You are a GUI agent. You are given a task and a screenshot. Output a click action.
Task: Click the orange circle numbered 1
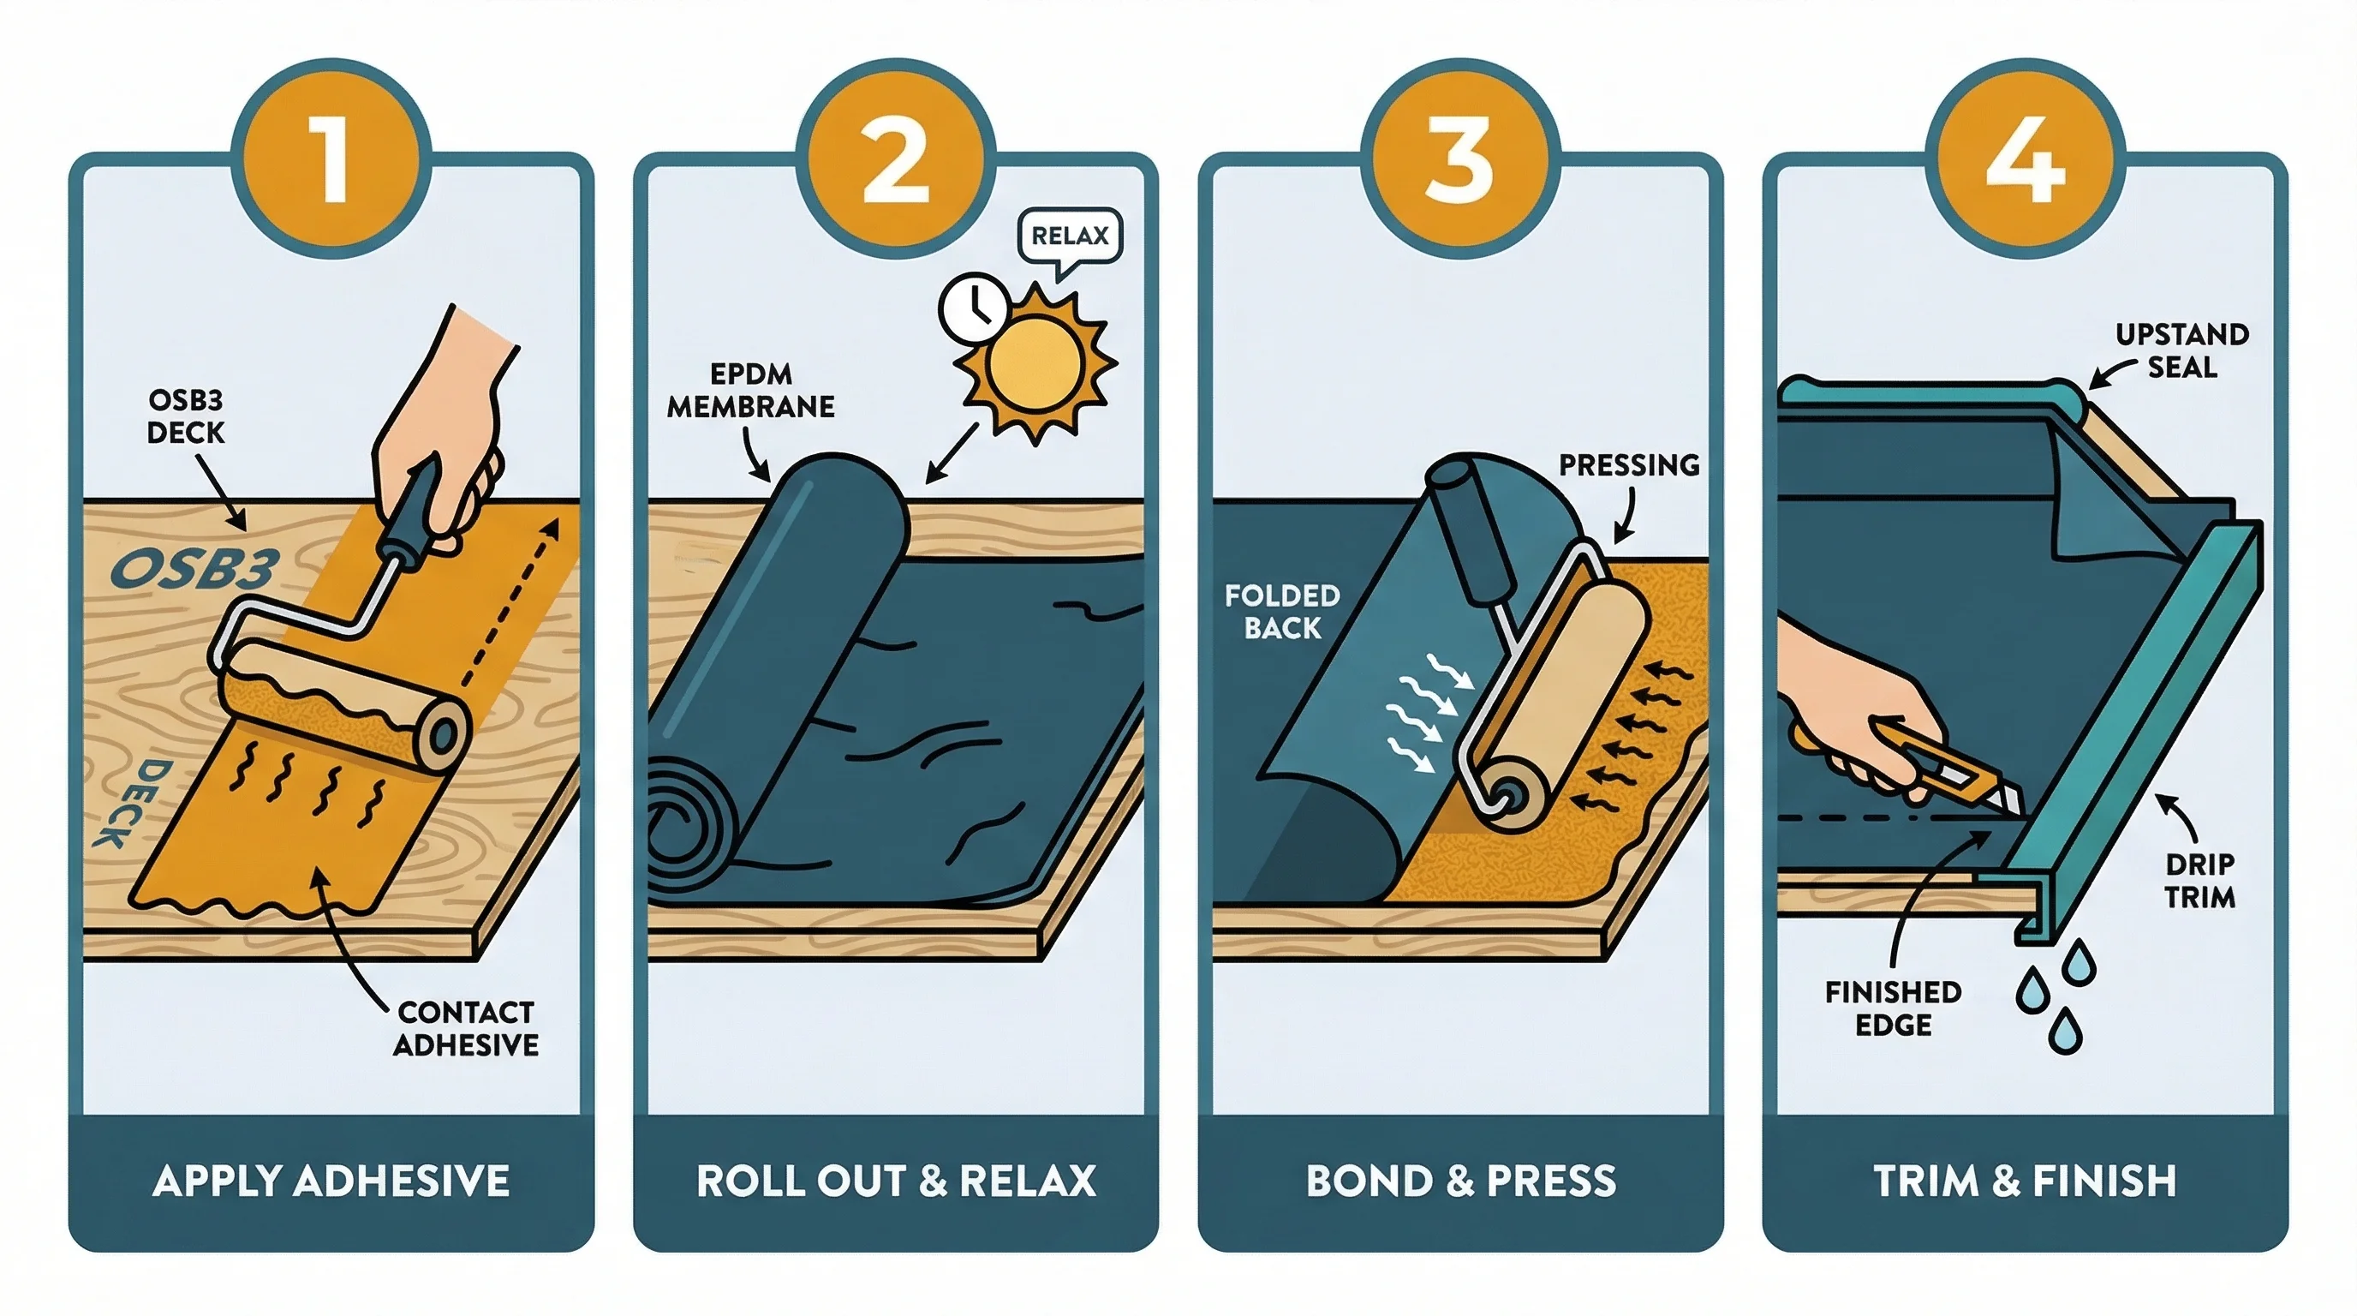coord(331,159)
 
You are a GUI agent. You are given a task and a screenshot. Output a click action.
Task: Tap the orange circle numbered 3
coord(1460,159)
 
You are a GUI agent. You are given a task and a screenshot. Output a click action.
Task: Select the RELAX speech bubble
coord(1070,236)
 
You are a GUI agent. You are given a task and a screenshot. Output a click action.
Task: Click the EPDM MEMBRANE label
coord(750,391)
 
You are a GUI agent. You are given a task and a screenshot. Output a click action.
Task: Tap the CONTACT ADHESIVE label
coord(466,1029)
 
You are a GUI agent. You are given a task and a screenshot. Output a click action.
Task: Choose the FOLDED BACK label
coord(1282,613)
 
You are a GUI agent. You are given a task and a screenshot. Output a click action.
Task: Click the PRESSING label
coord(1629,465)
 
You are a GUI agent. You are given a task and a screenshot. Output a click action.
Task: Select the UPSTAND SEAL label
coord(2182,350)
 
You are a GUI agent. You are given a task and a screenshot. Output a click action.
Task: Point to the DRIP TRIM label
coord(2199,881)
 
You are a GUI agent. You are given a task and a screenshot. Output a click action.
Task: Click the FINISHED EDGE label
coord(1893,1008)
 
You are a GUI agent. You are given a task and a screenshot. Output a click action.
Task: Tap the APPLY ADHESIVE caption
coord(331,1181)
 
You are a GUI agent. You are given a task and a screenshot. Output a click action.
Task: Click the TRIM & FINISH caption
coord(2025,1181)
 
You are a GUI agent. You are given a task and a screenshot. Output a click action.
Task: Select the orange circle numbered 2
coord(896,159)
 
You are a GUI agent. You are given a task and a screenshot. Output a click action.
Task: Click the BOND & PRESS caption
coord(1460,1181)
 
